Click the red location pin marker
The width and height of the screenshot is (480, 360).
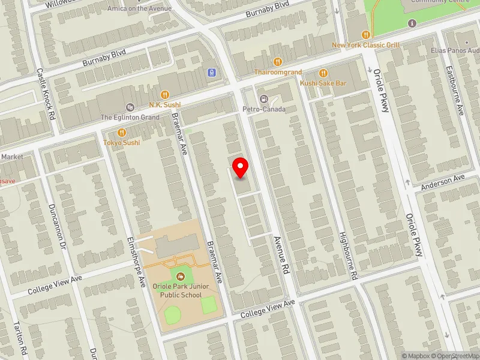click(x=241, y=168)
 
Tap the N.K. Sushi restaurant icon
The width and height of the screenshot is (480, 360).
click(x=165, y=94)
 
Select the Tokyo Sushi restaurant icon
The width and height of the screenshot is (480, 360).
click(x=121, y=133)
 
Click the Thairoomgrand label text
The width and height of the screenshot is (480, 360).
click(x=278, y=72)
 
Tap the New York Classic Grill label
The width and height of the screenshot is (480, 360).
click(x=365, y=45)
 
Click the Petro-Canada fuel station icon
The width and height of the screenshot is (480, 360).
click(x=263, y=99)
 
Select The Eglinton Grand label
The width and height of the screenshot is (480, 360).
click(x=130, y=118)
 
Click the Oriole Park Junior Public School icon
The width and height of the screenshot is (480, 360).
click(x=181, y=275)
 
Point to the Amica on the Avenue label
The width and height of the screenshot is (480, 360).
click(x=139, y=8)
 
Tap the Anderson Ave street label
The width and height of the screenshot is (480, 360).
click(x=443, y=182)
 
